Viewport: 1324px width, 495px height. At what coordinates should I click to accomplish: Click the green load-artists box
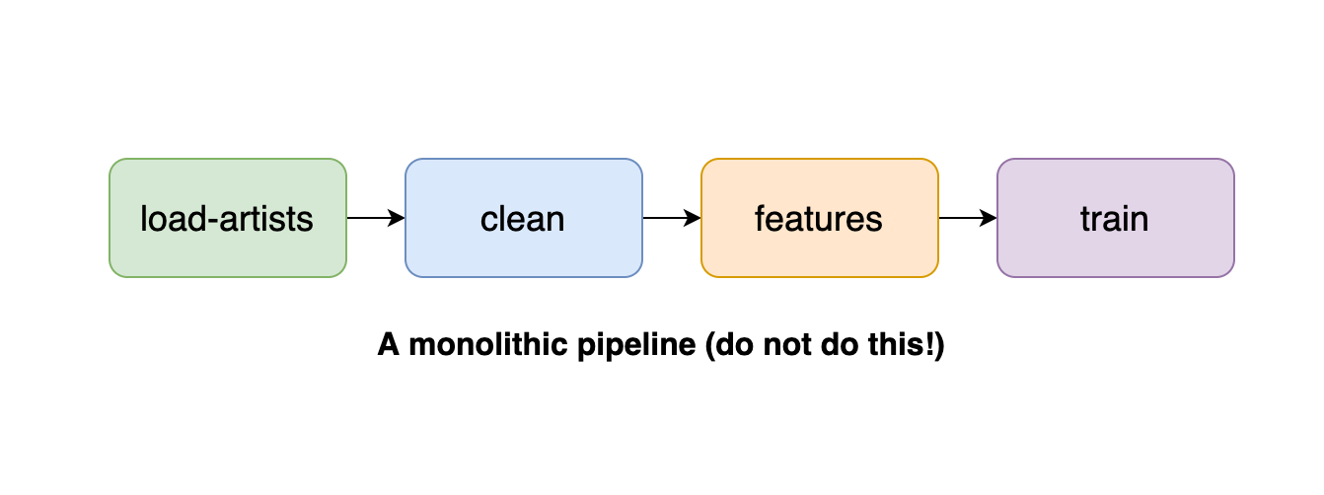[228, 218]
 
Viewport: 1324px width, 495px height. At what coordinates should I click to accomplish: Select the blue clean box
[524, 218]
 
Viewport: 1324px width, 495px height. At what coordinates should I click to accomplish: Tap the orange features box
[820, 218]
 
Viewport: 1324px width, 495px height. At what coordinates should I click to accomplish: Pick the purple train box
[1116, 218]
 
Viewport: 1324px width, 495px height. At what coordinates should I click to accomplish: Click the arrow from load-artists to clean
[376, 218]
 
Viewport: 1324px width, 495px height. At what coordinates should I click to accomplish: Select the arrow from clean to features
[672, 218]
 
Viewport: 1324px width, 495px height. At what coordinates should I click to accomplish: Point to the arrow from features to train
[968, 218]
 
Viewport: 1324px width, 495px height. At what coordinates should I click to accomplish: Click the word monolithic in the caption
[488, 344]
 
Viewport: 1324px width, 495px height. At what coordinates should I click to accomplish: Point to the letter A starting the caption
[389, 345]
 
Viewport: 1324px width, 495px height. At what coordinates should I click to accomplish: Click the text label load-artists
[227, 219]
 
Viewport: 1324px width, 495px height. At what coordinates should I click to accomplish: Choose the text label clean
[523, 219]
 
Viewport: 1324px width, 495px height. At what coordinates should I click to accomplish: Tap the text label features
[819, 219]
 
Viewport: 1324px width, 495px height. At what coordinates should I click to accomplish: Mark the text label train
[1115, 219]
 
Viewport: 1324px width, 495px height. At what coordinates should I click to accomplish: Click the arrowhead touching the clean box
[397, 218]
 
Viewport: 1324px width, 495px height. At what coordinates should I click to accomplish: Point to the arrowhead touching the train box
[989, 218]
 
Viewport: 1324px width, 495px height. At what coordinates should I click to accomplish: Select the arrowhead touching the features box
[693, 218]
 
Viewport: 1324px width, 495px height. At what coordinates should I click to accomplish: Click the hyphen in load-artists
[213, 222]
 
